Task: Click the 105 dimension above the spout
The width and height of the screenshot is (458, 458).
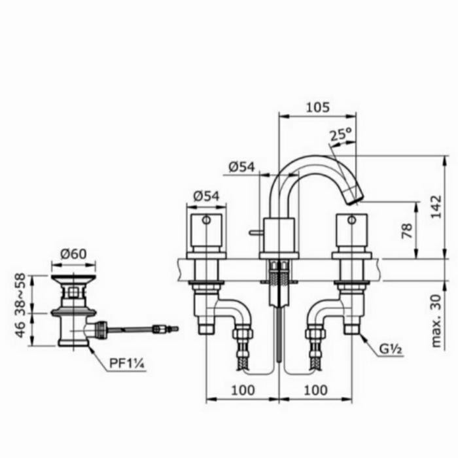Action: pos(317,107)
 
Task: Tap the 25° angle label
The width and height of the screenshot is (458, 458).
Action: pos(340,135)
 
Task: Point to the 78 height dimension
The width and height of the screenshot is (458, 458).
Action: pos(407,230)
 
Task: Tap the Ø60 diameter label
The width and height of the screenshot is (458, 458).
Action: pos(73,254)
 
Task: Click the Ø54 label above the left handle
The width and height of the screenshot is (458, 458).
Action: pos(206,195)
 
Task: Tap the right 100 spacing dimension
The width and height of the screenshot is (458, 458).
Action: pos(315,390)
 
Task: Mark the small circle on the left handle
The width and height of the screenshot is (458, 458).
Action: pos(206,221)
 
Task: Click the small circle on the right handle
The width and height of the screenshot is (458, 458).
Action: pos(351,221)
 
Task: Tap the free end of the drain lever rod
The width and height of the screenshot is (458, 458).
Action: pos(175,326)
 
